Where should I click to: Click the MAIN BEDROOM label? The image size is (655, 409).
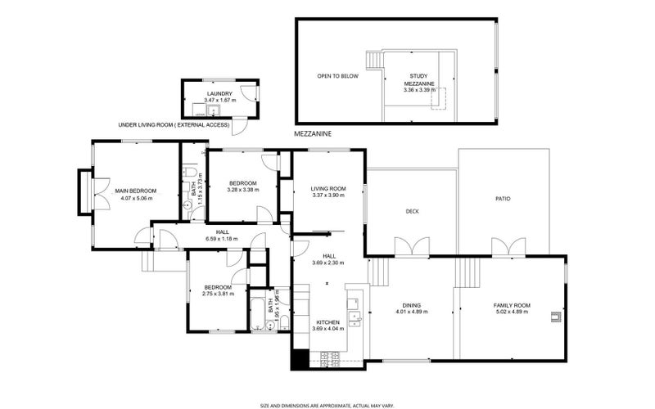pos(135,191)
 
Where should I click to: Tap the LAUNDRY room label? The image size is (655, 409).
pos(219,94)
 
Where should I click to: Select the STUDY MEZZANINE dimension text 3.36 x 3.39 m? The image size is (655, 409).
pos(419,90)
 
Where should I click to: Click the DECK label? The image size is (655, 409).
pos(413,211)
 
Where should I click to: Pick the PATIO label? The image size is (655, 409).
pos(503,198)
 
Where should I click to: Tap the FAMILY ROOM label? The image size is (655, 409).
pos(512,305)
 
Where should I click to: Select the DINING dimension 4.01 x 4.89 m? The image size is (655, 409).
pos(413,312)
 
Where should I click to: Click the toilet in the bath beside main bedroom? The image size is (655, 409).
pos(189,173)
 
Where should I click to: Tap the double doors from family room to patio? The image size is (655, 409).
pos(504,245)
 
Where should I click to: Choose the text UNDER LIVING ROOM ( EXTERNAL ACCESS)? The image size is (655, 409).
pos(172,125)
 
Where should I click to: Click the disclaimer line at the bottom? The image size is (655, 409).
pos(327,405)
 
